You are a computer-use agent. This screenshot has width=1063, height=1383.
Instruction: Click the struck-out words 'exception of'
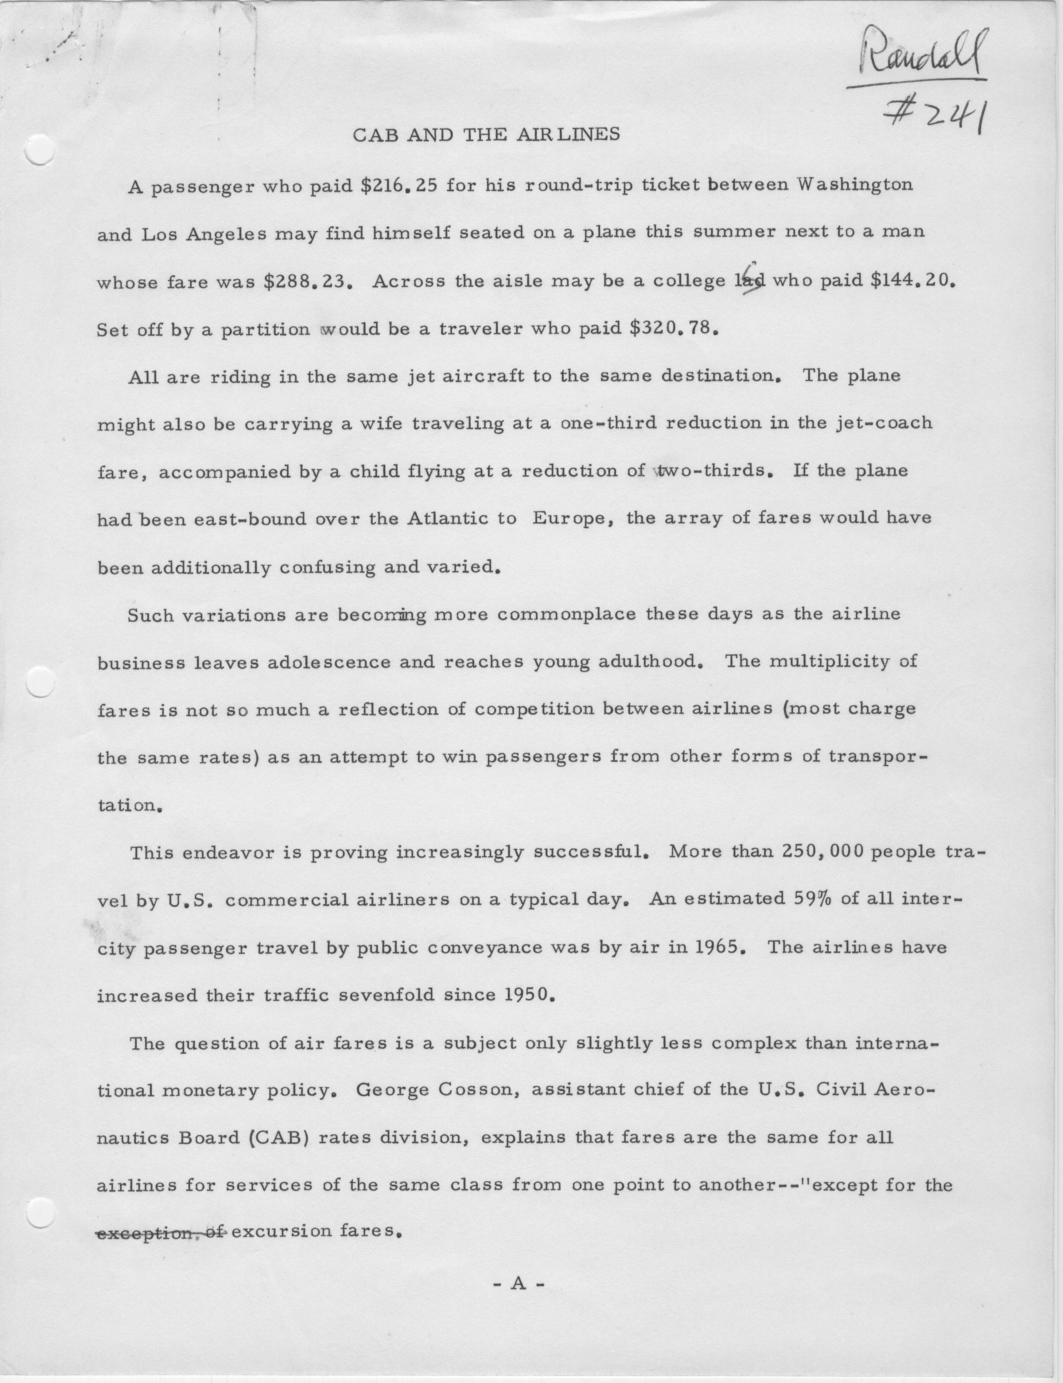point(161,1232)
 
